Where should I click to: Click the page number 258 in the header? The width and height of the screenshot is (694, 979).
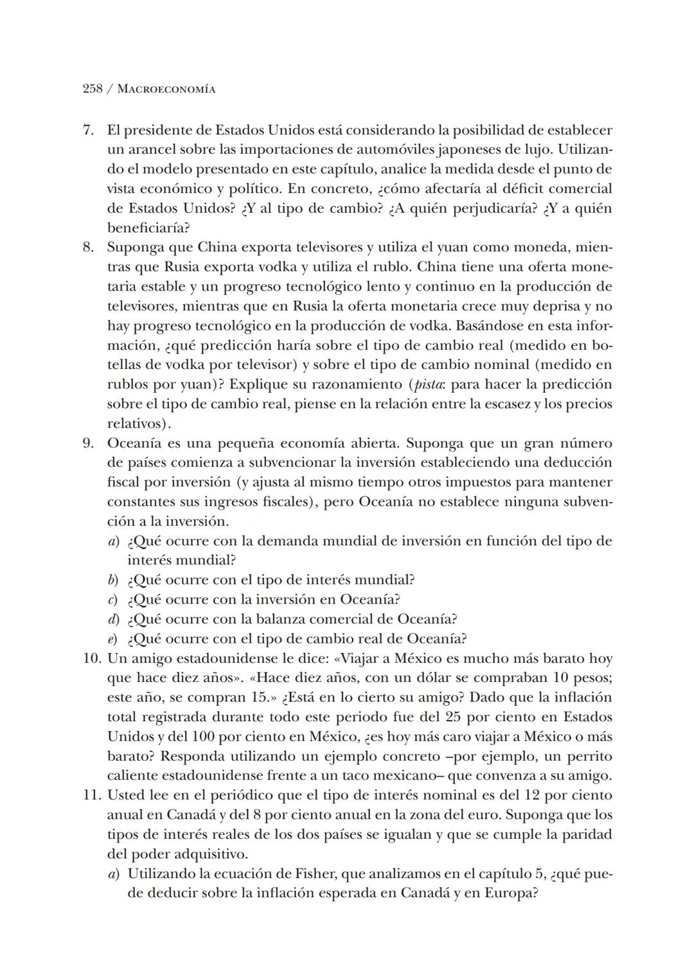93,89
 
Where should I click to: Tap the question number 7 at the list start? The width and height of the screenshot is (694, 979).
89,130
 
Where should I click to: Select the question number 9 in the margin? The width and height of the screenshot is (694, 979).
89,444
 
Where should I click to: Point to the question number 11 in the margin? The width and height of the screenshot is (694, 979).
93,795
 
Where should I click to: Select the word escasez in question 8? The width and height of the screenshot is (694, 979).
506,404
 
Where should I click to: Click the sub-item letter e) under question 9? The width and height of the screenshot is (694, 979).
113,639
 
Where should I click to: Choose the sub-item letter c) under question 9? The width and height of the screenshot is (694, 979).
113,600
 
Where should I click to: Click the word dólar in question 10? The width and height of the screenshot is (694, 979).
429,678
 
